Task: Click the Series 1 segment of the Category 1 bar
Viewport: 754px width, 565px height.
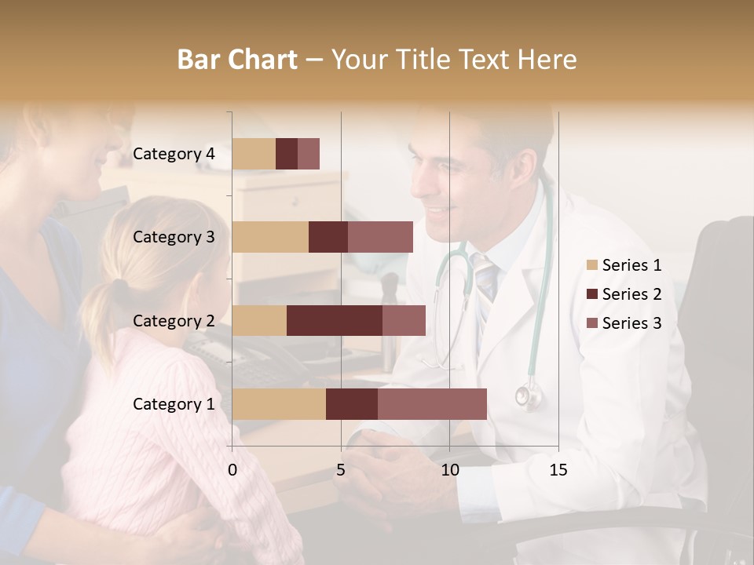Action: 279,404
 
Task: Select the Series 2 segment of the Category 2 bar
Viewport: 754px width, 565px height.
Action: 335,320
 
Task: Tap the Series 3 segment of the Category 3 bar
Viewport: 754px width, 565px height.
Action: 380,237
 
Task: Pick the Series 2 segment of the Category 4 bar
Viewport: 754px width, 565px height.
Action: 287,154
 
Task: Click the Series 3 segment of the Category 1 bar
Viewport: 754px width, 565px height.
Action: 432,404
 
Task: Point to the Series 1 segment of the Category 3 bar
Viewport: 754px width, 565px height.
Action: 270,237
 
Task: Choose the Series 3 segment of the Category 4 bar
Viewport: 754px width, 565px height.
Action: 309,154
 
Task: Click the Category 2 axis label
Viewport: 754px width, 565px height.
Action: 174,320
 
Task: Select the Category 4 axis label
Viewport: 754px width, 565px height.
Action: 174,154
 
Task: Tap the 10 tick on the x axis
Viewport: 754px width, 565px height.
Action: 449,470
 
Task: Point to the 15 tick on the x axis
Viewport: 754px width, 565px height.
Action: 558,470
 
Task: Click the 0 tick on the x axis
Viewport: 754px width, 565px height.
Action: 232,470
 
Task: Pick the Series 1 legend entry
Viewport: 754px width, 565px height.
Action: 624,265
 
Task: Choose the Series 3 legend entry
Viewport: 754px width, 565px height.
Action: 624,323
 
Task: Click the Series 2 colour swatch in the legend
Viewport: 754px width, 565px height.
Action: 592,294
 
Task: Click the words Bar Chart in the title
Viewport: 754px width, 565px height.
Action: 237,60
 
